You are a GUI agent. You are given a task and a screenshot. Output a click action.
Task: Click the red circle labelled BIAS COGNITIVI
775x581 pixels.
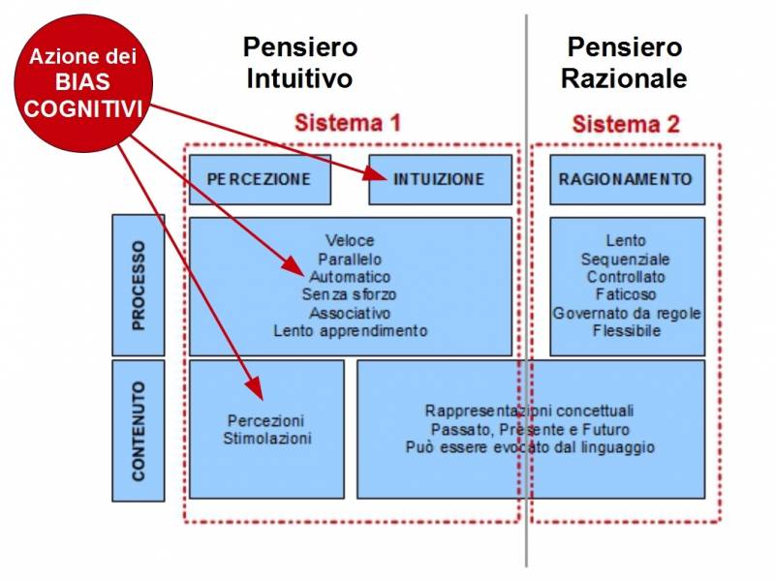(83, 83)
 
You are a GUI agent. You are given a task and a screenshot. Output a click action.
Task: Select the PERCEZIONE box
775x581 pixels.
(260, 179)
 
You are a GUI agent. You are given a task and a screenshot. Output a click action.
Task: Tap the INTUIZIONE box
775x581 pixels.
(441, 179)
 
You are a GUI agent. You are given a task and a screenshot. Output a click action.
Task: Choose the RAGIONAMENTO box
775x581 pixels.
(627, 179)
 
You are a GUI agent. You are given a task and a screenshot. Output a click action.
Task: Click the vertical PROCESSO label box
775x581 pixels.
(139, 285)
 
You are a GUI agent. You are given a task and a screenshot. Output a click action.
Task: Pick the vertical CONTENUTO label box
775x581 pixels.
(139, 431)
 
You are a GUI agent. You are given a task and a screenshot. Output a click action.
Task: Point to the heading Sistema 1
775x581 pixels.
(348, 123)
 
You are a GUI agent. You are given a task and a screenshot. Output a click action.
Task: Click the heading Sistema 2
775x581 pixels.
(626, 124)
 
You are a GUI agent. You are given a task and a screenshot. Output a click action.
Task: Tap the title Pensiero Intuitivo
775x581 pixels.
(300, 63)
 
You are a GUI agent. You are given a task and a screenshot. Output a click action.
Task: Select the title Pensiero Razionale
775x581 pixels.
(624, 63)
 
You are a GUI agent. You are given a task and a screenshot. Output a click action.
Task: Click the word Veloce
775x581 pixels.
(350, 240)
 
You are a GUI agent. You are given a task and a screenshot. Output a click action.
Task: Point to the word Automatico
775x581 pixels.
(350, 277)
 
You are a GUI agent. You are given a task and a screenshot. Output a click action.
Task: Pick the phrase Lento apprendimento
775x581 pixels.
(351, 330)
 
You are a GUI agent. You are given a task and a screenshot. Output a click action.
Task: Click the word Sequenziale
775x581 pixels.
(625, 260)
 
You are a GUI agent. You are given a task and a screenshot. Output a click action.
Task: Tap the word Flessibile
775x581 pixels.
(627, 330)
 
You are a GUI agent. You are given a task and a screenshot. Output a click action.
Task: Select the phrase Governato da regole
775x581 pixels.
(627, 313)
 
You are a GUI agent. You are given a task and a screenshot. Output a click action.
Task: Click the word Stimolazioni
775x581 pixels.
(267, 439)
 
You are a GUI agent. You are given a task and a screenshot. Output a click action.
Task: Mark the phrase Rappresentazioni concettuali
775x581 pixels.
(529, 411)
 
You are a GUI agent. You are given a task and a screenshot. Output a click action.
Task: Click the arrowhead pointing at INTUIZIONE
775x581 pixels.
(377, 174)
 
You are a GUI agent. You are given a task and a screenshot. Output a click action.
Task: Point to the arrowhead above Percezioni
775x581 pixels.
(255, 388)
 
